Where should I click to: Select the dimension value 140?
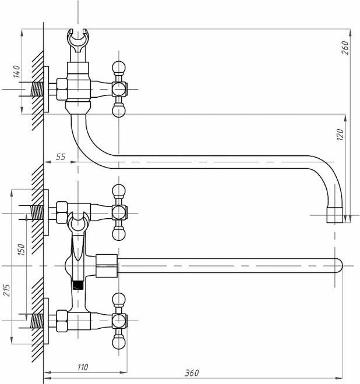(17, 72)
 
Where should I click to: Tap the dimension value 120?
(340, 135)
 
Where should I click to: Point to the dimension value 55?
(59, 157)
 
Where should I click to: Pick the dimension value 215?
(7, 289)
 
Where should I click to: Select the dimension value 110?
(82, 367)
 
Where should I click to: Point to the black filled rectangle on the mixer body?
(79, 285)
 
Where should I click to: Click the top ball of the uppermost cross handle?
(119, 66)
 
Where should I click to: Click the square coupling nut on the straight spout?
(107, 265)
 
